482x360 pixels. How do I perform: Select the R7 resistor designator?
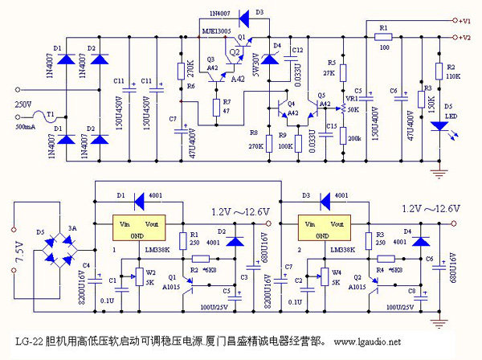(x=226, y=102)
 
